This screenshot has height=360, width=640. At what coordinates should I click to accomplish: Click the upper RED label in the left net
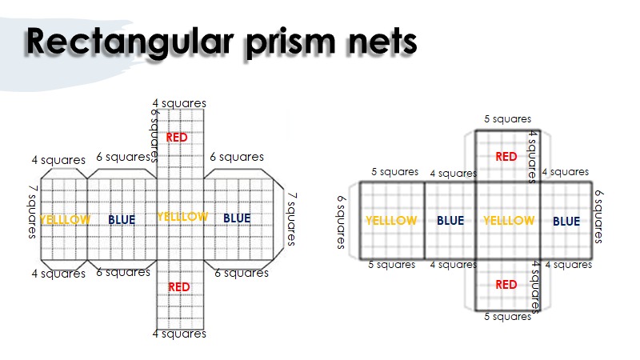pyautogui.click(x=177, y=138)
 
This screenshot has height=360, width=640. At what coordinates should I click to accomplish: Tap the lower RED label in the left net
pyautogui.click(x=179, y=286)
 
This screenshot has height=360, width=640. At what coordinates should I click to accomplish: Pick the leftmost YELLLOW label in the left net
pyautogui.click(x=66, y=219)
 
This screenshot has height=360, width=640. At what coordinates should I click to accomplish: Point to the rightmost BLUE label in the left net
pyautogui.click(x=237, y=218)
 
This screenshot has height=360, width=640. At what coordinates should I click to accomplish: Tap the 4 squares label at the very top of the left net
pyautogui.click(x=179, y=103)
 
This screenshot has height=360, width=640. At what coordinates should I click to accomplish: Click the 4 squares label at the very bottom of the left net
pyautogui.click(x=179, y=334)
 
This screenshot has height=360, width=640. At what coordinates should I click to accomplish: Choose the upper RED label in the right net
pyautogui.click(x=506, y=157)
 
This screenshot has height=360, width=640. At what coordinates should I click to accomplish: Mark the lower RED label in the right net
pyautogui.click(x=506, y=284)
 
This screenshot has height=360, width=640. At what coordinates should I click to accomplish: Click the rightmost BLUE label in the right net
pyautogui.click(x=566, y=221)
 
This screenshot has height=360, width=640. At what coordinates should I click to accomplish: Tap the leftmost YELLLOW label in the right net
pyautogui.click(x=391, y=221)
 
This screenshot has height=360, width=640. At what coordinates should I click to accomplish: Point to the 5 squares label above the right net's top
pyautogui.click(x=507, y=119)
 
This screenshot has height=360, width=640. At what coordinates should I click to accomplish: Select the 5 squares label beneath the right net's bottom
pyautogui.click(x=507, y=317)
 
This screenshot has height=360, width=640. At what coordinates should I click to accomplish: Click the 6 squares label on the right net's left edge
pyautogui.click(x=342, y=222)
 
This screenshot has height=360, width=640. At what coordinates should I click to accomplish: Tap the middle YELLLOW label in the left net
pyautogui.click(x=182, y=217)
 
